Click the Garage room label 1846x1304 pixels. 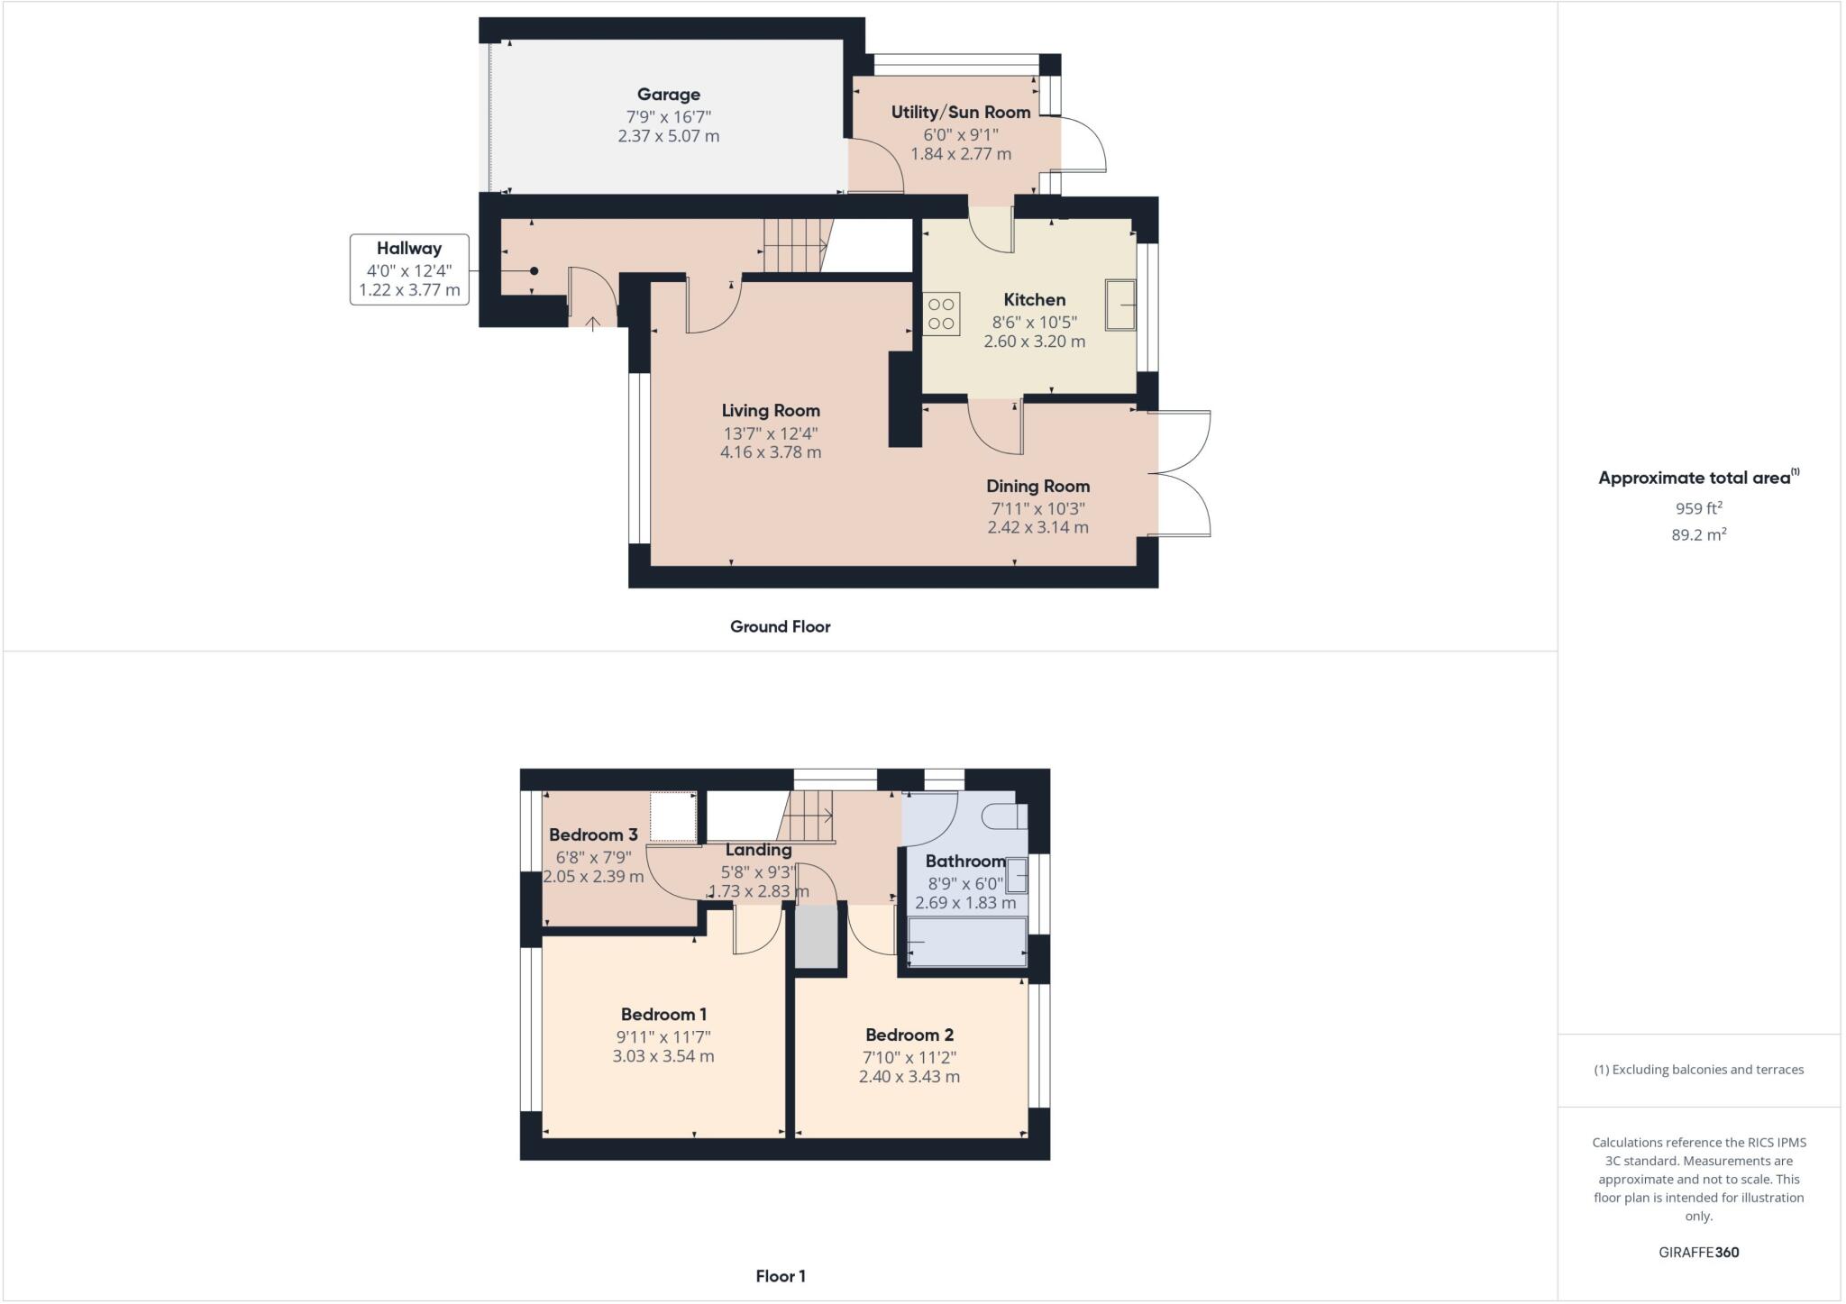point(668,95)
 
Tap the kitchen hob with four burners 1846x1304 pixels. point(941,314)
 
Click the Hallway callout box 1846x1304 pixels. point(409,269)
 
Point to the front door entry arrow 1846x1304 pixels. point(593,323)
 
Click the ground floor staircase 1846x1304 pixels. point(794,245)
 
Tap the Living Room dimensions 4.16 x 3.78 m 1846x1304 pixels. point(771,452)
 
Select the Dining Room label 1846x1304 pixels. point(1037,487)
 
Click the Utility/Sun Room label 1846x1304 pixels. point(961,113)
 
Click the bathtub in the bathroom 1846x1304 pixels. point(967,943)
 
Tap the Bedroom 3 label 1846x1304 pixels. point(593,835)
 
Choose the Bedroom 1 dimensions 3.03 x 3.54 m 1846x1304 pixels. point(663,1056)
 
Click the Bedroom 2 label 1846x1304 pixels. point(909,1035)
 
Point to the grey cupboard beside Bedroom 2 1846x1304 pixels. point(817,937)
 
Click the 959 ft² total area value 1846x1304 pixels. point(1698,508)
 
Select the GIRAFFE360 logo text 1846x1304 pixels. point(1698,1253)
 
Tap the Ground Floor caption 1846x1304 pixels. point(780,627)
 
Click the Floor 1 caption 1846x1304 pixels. point(781,1277)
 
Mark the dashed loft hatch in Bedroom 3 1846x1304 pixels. point(673,816)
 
